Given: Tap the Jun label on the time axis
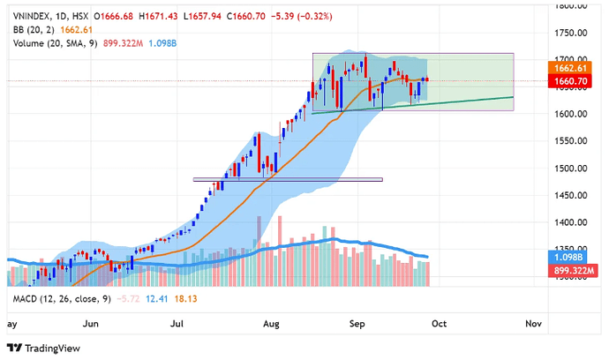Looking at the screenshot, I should tap(90, 324).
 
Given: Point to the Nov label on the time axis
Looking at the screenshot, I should tap(532, 324).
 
